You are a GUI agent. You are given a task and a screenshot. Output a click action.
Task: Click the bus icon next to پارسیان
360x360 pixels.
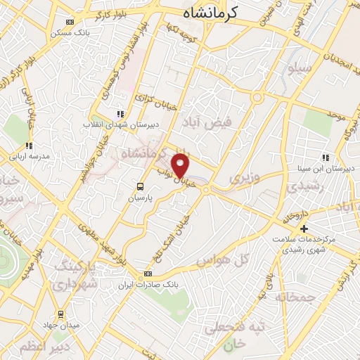point(140,187)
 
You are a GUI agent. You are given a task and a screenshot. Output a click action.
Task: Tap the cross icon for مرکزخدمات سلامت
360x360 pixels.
point(304,229)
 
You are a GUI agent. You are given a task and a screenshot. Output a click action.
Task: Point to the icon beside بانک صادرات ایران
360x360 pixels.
point(148,274)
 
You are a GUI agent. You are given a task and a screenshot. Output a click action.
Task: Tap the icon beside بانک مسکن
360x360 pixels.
point(67,22)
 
